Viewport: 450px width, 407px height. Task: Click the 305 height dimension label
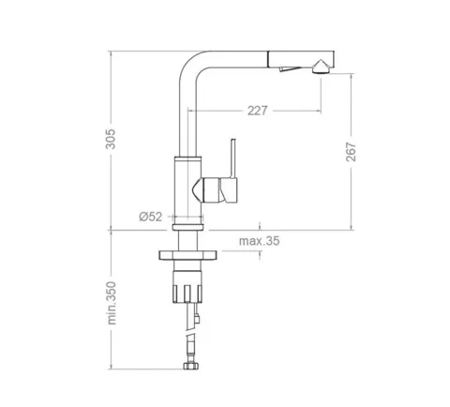110,139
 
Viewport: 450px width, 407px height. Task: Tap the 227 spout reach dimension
258,111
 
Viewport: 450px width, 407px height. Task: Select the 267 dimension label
351,152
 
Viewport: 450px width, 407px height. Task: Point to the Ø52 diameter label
151,217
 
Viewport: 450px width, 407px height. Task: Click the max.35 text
260,241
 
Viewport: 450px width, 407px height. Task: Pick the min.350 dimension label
112,303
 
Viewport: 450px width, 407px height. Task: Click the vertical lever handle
232,158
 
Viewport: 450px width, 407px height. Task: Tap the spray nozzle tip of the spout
320,67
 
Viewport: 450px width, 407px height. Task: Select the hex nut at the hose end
191,366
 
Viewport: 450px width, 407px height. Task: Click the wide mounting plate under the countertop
187,255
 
